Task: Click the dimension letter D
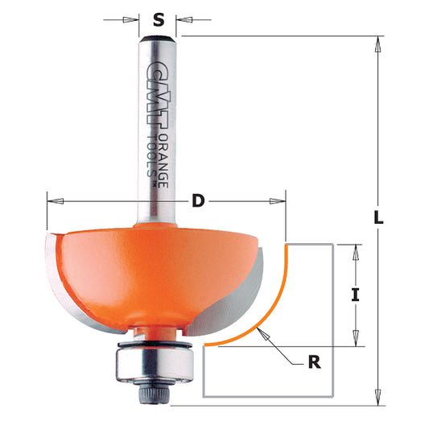(x=198, y=202)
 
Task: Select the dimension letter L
(x=380, y=217)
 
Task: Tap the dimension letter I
(x=354, y=295)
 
